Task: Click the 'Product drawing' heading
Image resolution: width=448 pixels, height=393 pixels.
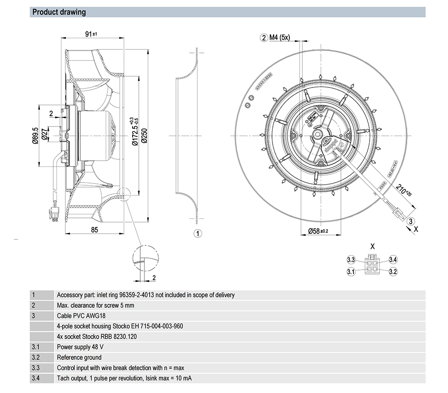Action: tap(59, 12)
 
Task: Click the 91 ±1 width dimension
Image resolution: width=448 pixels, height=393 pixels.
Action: tap(92, 34)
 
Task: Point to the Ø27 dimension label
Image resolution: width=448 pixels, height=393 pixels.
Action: tap(45, 135)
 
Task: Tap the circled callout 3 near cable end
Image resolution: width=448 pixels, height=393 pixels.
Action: tap(411, 221)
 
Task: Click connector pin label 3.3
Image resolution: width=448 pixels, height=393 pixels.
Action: tap(351, 260)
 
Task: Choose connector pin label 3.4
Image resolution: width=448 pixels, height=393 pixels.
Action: tap(393, 260)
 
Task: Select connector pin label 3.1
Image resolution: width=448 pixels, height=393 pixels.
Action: tap(351, 271)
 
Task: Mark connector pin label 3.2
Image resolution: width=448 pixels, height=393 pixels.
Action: tap(393, 271)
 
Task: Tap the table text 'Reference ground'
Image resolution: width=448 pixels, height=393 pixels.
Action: tap(79, 358)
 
